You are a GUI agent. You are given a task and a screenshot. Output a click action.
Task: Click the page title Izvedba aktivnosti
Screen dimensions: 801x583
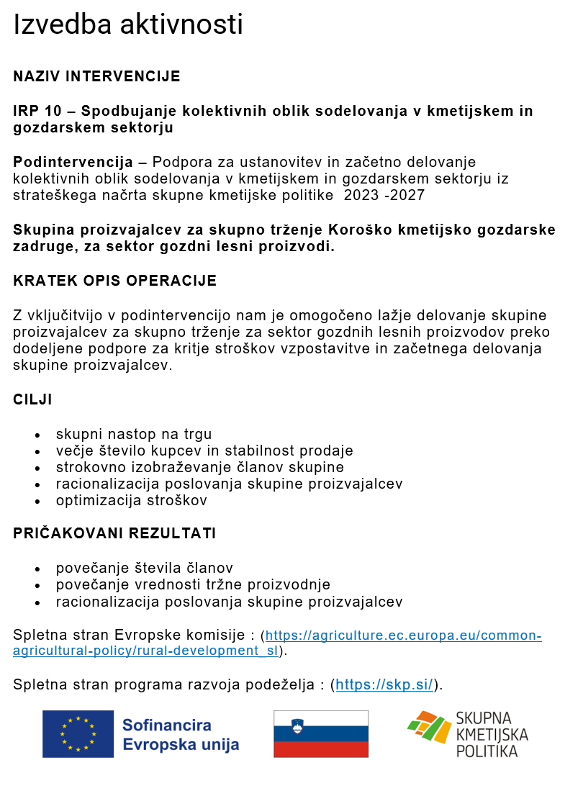point(128,25)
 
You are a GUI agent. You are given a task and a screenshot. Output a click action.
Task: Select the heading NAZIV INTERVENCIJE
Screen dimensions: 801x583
point(96,76)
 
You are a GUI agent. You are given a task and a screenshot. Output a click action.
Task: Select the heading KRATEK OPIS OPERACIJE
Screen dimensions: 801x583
point(114,281)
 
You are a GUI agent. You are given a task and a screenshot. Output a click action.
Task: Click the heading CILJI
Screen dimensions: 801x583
point(32,399)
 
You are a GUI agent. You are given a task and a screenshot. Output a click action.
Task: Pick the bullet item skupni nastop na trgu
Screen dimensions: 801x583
point(134,434)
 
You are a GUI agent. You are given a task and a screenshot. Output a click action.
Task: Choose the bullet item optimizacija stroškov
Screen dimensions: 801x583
point(132,500)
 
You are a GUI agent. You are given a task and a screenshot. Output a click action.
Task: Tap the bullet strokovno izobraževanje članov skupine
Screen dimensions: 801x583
point(200,467)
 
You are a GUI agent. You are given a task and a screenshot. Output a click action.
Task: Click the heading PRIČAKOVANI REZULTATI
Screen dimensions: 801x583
point(114,533)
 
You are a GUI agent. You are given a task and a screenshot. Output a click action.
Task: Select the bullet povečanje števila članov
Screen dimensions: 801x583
point(145,568)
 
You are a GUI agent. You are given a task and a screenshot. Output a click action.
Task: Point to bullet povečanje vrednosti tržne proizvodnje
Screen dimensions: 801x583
point(193,584)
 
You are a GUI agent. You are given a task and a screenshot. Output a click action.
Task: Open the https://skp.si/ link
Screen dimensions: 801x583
point(385,684)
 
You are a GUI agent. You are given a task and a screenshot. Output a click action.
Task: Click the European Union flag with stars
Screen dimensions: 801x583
point(78,734)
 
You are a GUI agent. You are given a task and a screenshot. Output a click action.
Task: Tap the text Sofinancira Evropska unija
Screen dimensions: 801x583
point(180,735)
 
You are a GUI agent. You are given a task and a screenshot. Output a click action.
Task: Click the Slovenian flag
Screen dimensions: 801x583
point(321,734)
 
